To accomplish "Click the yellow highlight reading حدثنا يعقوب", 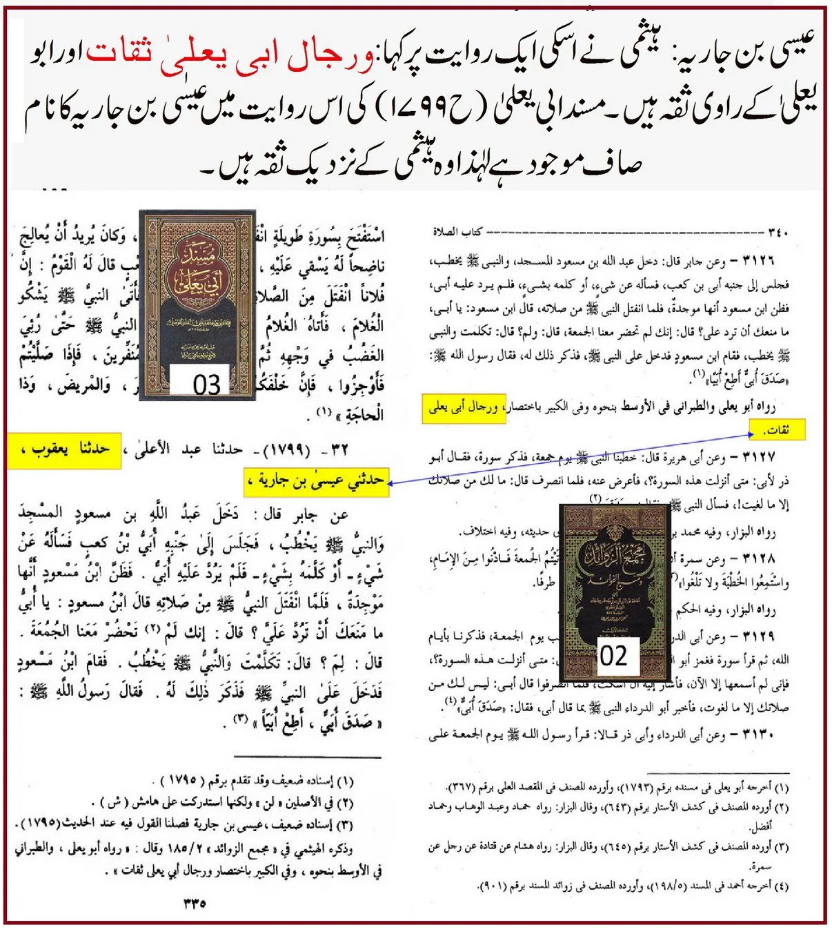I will point(64,450).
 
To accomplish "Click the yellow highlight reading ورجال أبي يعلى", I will point(464,409).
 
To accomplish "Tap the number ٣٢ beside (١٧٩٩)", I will point(340,450).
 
